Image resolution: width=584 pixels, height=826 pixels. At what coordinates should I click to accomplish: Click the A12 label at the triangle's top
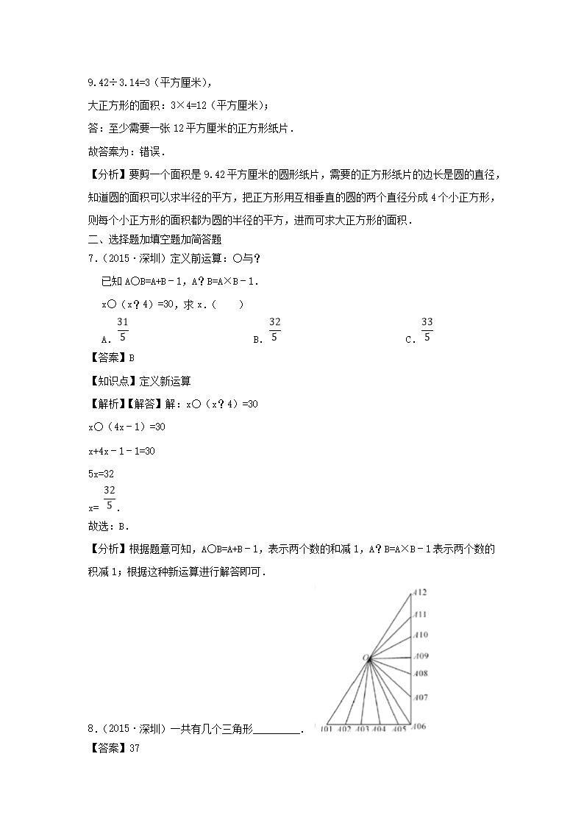(x=421, y=592)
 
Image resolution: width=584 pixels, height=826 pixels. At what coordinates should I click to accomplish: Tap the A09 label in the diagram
(x=421, y=656)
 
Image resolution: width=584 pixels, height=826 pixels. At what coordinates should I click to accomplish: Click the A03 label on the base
(x=361, y=730)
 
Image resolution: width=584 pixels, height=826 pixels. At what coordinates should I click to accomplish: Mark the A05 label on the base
(x=399, y=730)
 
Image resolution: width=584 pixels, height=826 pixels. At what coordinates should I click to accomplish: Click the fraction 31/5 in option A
(x=123, y=329)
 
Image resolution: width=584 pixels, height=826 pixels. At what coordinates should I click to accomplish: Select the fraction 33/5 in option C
(x=427, y=329)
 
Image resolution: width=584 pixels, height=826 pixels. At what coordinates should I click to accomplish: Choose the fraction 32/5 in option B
(x=274, y=329)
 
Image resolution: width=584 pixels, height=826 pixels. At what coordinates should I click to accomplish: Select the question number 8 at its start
(x=90, y=729)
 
